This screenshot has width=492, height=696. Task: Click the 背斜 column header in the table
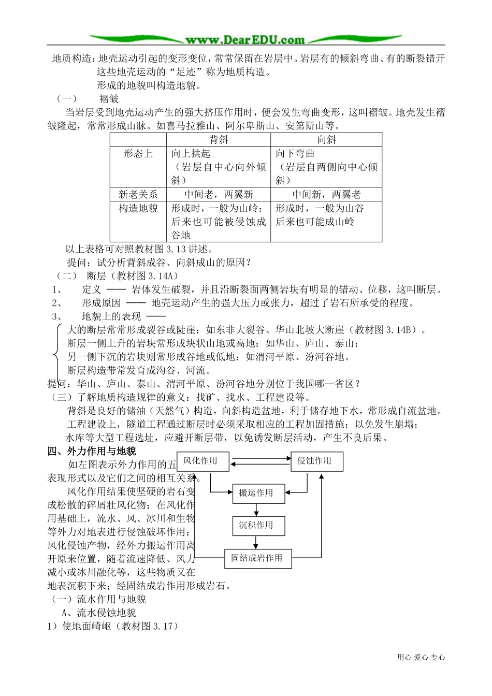tap(219, 139)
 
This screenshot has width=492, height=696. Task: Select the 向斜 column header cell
tap(326, 139)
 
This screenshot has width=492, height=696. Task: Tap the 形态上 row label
tap(138, 154)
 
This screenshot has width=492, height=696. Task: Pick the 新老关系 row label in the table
tap(138, 195)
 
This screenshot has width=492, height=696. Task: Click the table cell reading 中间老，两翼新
tap(219, 195)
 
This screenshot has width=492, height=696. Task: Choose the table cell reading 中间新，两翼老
tap(326, 195)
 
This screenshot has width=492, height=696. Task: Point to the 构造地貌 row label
tap(138, 208)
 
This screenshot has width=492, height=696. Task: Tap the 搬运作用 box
tap(256, 493)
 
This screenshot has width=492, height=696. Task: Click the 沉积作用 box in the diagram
tap(256, 525)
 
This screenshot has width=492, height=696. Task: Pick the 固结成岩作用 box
tap(257, 558)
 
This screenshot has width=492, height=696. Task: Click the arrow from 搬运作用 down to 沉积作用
tap(256, 510)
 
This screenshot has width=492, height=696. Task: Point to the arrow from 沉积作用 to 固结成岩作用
tap(256, 542)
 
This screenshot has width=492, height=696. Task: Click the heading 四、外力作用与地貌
tap(92, 451)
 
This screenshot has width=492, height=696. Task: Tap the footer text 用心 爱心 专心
tap(421, 657)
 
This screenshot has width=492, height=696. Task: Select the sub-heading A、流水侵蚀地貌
tap(99, 613)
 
